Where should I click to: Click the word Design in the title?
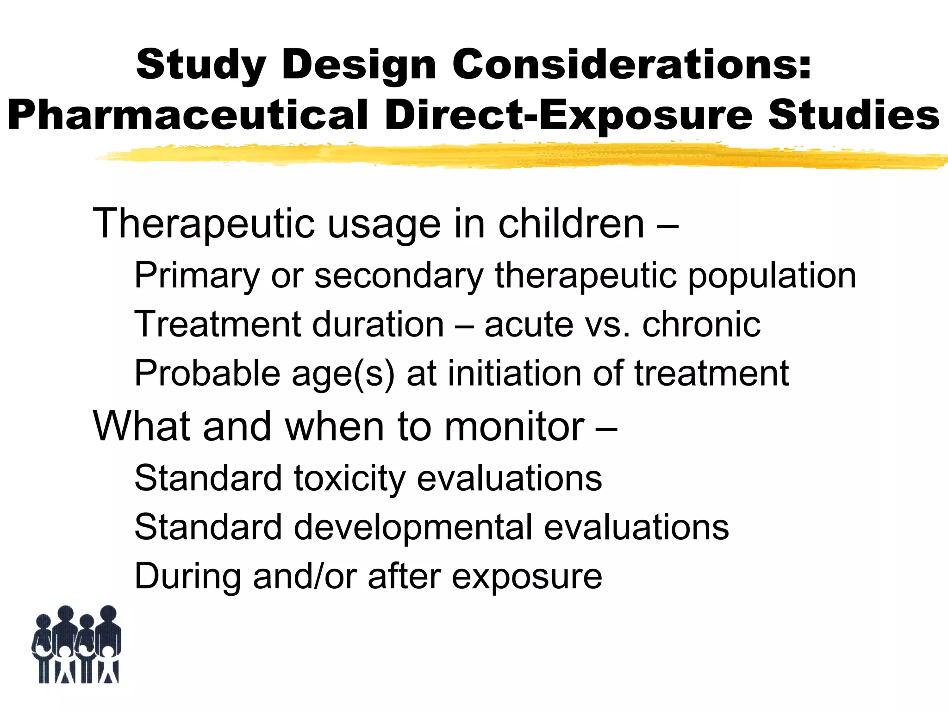[359, 65]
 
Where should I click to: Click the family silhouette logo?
[77, 644]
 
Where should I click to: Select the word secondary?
[399, 276]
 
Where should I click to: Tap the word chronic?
[701, 324]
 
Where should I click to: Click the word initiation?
[514, 373]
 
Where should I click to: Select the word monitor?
[514, 426]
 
